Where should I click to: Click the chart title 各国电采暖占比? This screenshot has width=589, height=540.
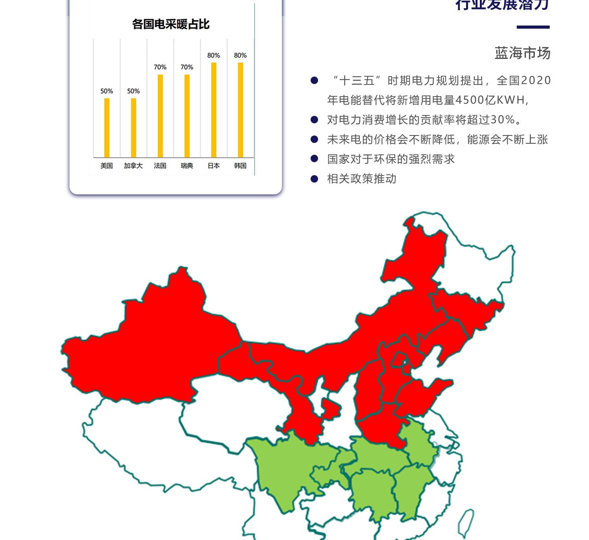(x=171, y=24)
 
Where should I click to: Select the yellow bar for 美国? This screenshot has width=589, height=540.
(x=107, y=128)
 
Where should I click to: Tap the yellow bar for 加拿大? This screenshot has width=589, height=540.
(x=134, y=128)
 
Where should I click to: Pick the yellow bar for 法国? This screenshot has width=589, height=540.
(x=160, y=116)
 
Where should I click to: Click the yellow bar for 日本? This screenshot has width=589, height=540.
(x=214, y=110)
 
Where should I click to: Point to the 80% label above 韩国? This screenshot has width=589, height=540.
(x=240, y=55)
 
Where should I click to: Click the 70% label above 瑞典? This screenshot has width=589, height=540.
(x=187, y=67)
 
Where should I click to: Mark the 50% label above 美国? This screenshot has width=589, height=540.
(x=107, y=91)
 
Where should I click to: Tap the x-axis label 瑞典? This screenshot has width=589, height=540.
(x=187, y=166)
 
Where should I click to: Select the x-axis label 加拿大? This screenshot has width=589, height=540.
(x=134, y=166)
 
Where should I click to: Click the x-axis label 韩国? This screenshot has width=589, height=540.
(x=240, y=166)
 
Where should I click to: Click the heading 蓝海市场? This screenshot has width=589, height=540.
(x=522, y=53)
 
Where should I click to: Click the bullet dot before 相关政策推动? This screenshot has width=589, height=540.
(x=314, y=179)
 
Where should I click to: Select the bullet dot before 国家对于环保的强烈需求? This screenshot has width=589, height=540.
(x=314, y=159)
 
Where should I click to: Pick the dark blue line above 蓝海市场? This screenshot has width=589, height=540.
(x=533, y=27)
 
